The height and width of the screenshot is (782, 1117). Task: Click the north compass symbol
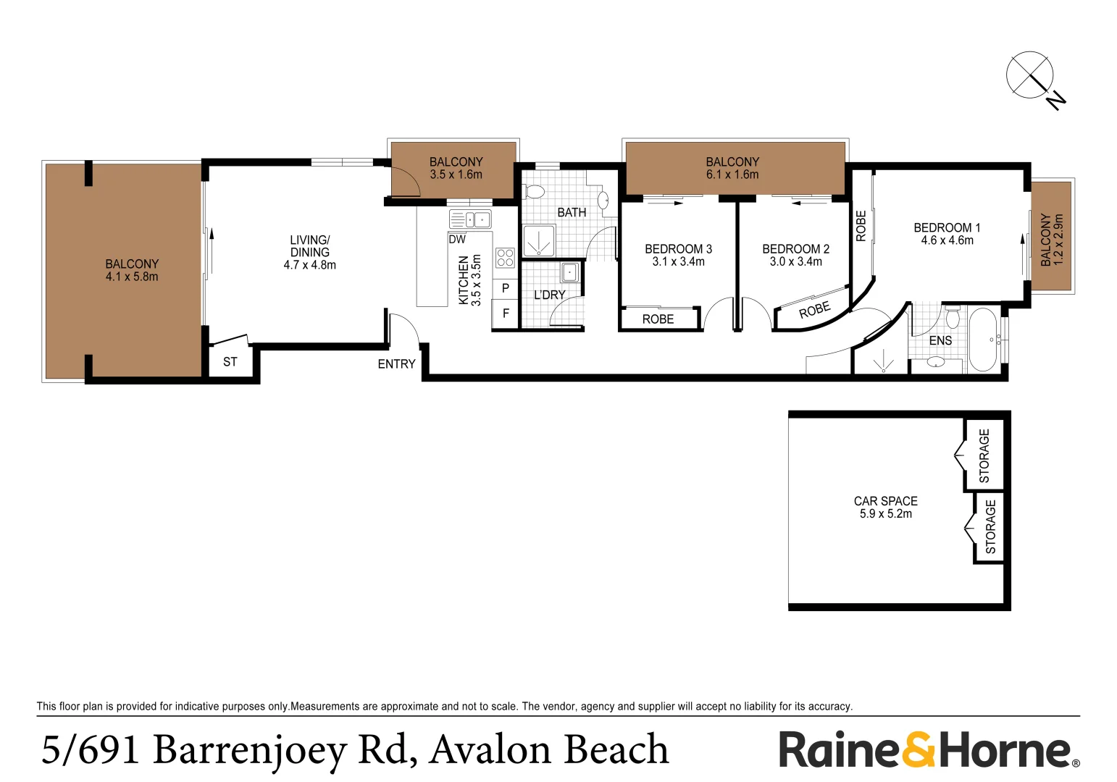[x=1029, y=75]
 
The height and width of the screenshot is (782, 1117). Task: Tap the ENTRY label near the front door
[x=396, y=364]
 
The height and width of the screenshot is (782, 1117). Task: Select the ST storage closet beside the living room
[x=230, y=362]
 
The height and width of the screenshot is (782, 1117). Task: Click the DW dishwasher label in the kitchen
[x=457, y=240]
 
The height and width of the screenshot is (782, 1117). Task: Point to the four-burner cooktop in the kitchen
[x=505, y=258]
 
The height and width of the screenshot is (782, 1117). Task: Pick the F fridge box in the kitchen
[x=506, y=314]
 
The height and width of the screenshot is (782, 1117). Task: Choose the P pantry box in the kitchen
[x=506, y=288]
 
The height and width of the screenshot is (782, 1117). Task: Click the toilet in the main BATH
[x=534, y=192]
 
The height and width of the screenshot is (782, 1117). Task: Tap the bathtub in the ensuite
[x=982, y=340]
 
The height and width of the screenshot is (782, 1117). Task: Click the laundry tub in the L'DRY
[x=569, y=272]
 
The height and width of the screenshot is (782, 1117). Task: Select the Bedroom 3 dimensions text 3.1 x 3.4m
[x=678, y=262]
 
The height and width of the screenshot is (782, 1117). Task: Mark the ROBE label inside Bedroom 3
[x=658, y=319]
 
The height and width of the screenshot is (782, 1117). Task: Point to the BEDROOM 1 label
[x=947, y=227]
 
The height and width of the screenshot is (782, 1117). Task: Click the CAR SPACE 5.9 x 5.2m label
[x=885, y=507]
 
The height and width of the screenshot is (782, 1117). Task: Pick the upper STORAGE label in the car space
[x=984, y=455]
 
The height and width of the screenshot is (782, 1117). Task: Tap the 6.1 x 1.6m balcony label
[x=732, y=175]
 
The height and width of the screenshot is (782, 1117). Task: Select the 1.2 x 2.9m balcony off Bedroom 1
[x=1051, y=239]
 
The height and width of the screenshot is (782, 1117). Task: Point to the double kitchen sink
[x=470, y=219]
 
